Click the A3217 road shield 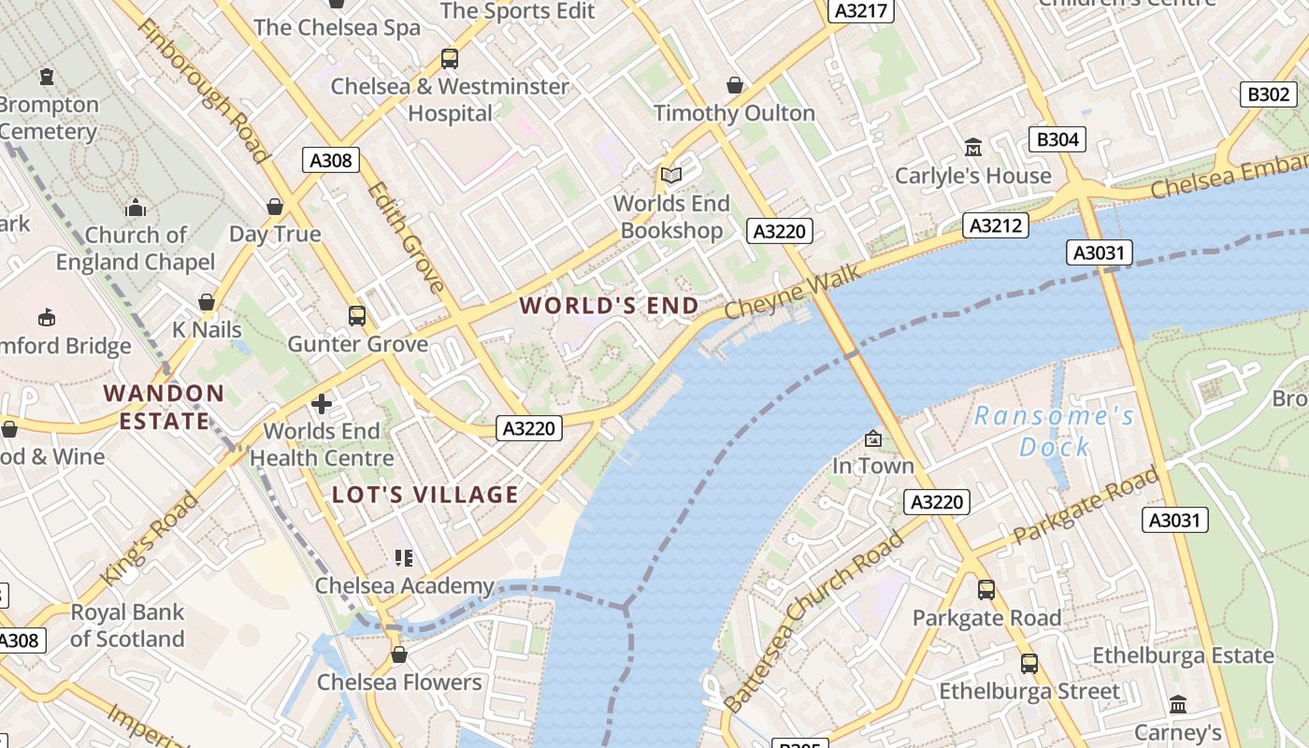[861, 10]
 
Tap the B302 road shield [1269, 93]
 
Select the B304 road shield [1057, 139]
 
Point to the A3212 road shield [997, 224]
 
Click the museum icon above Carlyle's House [973, 148]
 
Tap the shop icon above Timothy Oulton [735, 85]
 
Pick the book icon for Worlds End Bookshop [671, 175]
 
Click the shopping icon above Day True [275, 206]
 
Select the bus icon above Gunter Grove [357, 316]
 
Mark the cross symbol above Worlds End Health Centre [322, 404]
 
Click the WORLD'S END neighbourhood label [610, 306]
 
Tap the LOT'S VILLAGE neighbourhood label [425, 495]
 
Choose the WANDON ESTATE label [165, 407]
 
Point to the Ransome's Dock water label [1055, 431]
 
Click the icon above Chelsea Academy [404, 558]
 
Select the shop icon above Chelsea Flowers [399, 654]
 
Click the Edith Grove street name [407, 237]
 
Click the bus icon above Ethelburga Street [1029, 664]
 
